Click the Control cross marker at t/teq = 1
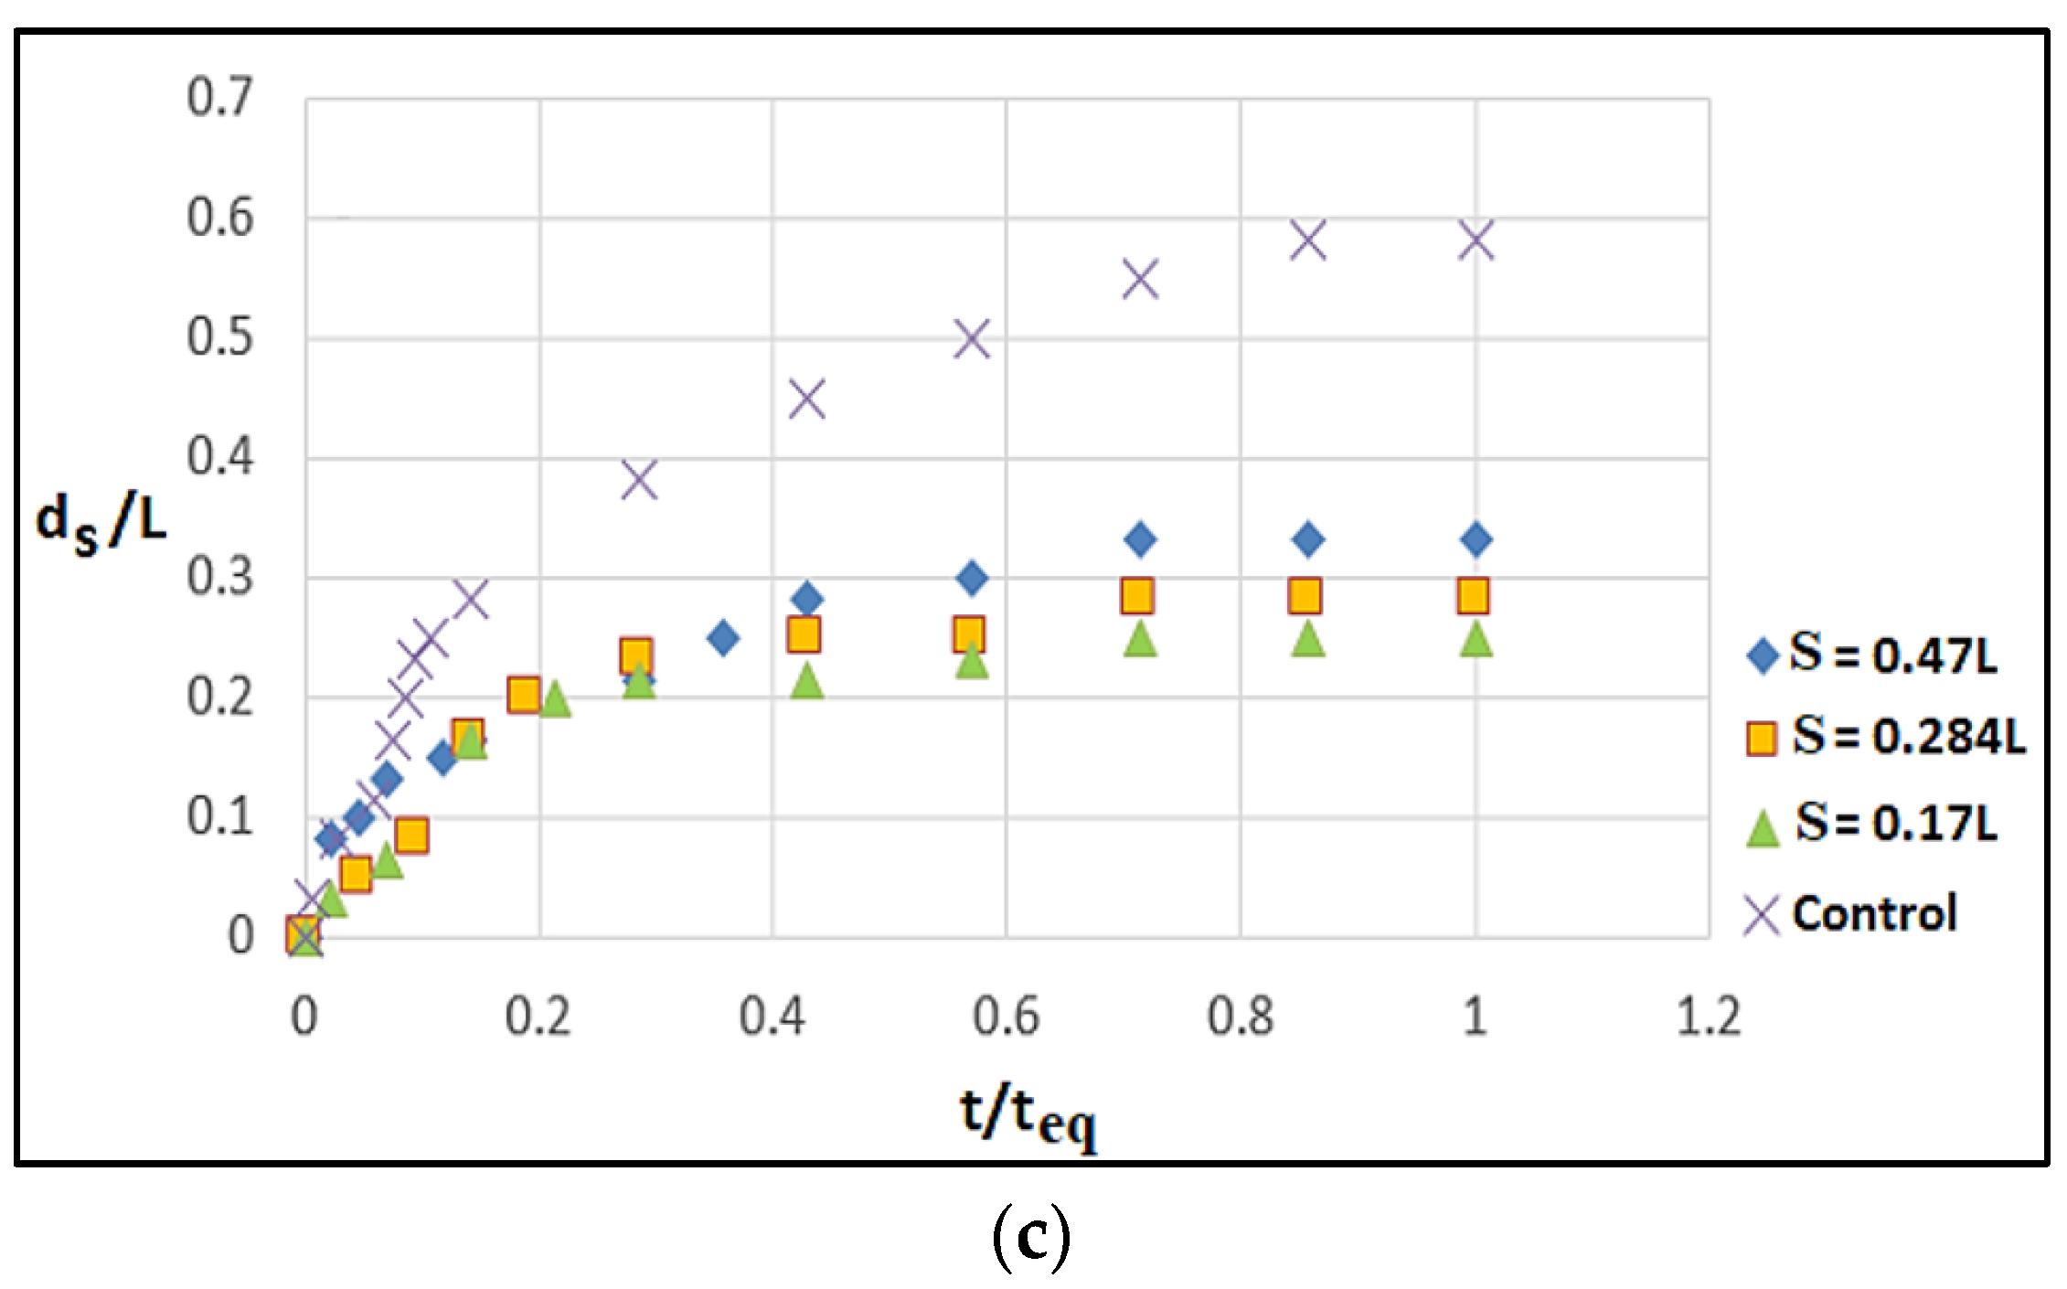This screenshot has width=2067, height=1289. pos(1476,240)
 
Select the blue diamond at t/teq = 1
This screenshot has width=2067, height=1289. pos(1476,539)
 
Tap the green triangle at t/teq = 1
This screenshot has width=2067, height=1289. pos(1476,639)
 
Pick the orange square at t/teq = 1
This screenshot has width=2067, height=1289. pos(1473,596)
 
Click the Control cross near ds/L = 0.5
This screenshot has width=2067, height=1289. pos(972,339)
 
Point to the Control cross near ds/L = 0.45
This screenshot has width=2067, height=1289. pos(806,399)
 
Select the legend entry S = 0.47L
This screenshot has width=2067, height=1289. pos(1874,655)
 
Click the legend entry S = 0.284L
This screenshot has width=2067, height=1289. pos(1887,736)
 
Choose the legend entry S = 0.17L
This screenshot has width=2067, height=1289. pos(1874,822)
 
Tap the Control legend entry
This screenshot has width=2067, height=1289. pos(1856,913)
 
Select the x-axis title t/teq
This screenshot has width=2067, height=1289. pos(1028,1116)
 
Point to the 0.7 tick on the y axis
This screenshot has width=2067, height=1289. pos(219,97)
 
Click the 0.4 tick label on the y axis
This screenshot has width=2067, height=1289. pos(219,456)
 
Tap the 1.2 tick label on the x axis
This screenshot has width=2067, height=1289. pos(1708,1017)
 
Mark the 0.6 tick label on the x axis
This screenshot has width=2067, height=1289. pos(1006,1017)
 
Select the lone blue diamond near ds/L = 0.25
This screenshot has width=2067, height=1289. pos(723,637)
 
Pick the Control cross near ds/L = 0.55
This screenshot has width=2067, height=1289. pos(1140,279)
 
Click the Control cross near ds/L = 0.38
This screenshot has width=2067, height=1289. pos(639,480)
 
